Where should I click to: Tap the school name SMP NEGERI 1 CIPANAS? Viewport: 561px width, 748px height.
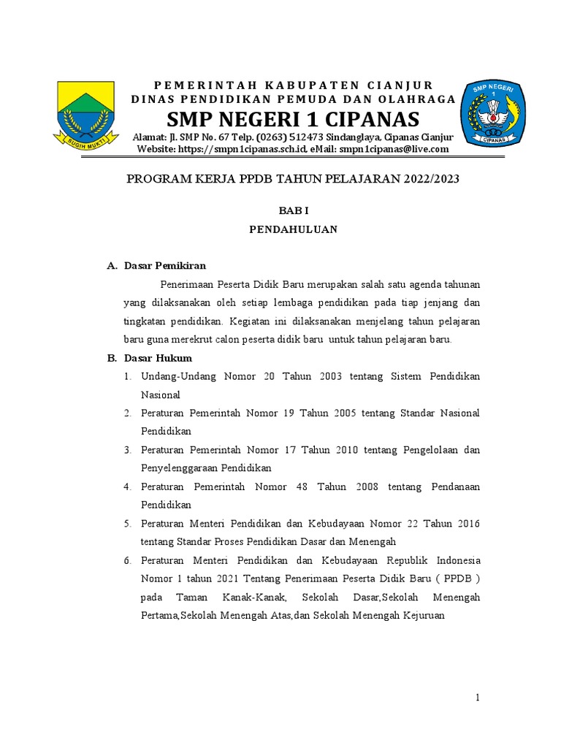pyautogui.click(x=293, y=119)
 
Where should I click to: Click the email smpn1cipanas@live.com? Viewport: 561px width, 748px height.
pyautogui.click(x=394, y=150)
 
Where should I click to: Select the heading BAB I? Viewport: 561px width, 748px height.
pyautogui.click(x=293, y=210)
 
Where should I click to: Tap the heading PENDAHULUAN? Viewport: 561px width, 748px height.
pyautogui.click(x=293, y=229)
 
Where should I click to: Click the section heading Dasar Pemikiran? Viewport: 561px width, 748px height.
pyautogui.click(x=165, y=266)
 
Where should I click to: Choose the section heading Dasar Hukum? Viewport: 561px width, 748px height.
pyautogui.click(x=158, y=358)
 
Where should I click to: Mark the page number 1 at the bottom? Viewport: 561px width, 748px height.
pyautogui.click(x=478, y=698)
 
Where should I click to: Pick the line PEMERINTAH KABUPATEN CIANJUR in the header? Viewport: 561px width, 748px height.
pyautogui.click(x=293, y=85)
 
